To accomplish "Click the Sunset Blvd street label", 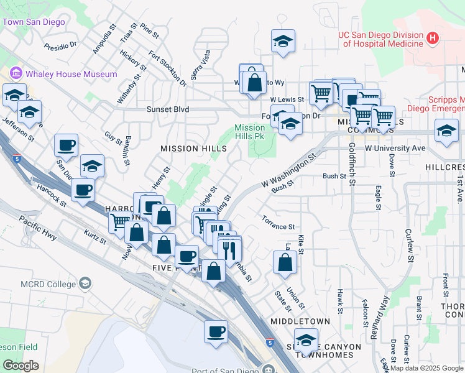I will point(150,109).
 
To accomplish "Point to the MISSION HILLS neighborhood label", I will point(188,149).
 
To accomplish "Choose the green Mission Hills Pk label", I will point(249,132).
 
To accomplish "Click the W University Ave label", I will point(395,148).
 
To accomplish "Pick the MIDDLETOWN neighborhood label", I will point(300,321).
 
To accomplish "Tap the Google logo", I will point(21,366).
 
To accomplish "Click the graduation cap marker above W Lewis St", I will point(283,42).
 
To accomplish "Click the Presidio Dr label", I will point(60,45).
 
